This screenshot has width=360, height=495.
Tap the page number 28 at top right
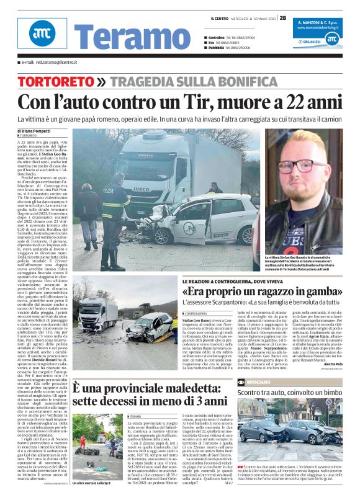[x=283, y=17]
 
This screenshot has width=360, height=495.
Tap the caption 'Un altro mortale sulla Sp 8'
[x=93, y=482]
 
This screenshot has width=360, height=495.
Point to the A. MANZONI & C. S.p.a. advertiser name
[x=317, y=22]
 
